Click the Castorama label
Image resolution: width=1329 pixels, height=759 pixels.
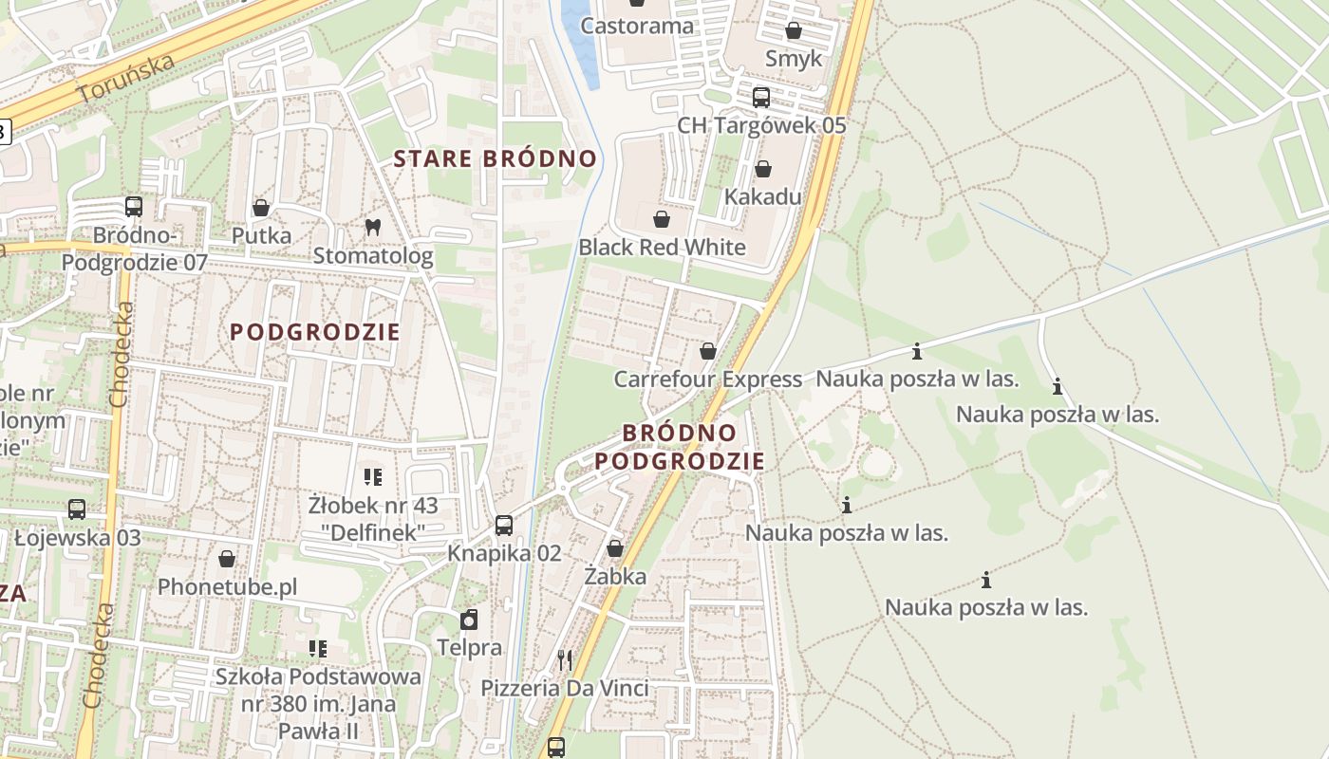[x=637, y=26]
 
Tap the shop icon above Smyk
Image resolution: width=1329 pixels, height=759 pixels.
[x=794, y=30]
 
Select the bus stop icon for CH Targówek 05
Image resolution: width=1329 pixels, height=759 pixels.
[x=760, y=98]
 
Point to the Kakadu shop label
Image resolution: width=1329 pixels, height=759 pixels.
[x=762, y=197]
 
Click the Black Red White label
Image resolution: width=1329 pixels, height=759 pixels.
[x=662, y=248]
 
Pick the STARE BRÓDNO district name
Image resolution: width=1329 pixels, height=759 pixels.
[x=496, y=158]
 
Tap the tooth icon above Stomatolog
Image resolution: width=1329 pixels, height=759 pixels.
[x=373, y=227]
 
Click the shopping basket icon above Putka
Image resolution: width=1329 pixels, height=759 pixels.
[x=261, y=208]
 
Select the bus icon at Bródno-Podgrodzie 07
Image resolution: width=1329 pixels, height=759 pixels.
[x=134, y=206]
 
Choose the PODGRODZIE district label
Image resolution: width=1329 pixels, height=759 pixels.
[x=315, y=332]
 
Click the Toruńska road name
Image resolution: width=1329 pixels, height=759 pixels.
[x=126, y=78]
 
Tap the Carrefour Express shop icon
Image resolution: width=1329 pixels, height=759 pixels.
[x=707, y=351]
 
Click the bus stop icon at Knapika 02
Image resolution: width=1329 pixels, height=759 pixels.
[x=504, y=525]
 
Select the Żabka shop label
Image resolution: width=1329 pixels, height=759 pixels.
[x=615, y=576]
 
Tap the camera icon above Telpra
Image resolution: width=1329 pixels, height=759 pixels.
[x=468, y=620]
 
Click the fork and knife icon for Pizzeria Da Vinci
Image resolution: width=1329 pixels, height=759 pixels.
[x=565, y=659]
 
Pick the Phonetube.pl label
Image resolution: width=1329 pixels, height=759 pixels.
[x=227, y=587]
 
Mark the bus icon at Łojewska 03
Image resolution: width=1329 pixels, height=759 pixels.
[x=77, y=509]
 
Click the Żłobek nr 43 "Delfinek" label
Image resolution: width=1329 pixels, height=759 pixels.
[x=373, y=519]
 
